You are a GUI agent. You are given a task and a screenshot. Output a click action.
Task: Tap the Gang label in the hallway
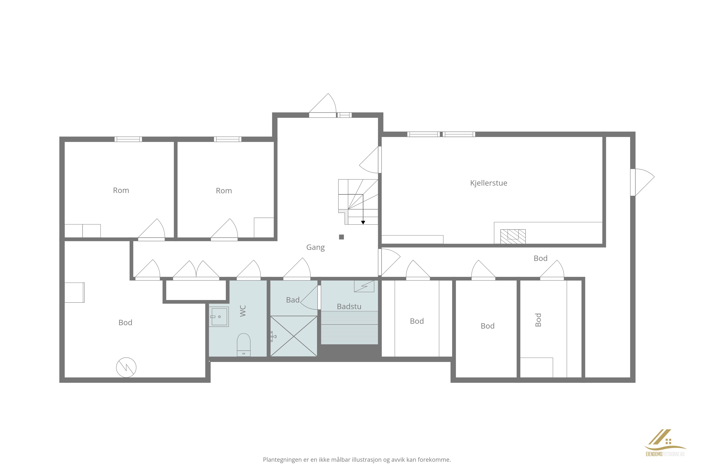pos(315,247)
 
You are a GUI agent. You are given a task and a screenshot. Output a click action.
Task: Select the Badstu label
pos(349,307)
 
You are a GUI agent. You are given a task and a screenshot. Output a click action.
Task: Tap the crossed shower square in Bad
pos(294,336)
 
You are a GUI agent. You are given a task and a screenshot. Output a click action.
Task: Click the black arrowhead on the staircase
pos(363,223)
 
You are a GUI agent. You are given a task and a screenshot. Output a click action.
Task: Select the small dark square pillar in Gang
pos(341,237)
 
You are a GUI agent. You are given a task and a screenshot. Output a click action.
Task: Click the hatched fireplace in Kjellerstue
pos(513,236)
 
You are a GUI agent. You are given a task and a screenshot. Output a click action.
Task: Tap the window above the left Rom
pos(128,139)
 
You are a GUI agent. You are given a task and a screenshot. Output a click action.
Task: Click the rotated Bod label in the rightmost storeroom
pos(538,320)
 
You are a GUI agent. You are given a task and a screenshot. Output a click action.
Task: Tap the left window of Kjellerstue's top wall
pos(423,134)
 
